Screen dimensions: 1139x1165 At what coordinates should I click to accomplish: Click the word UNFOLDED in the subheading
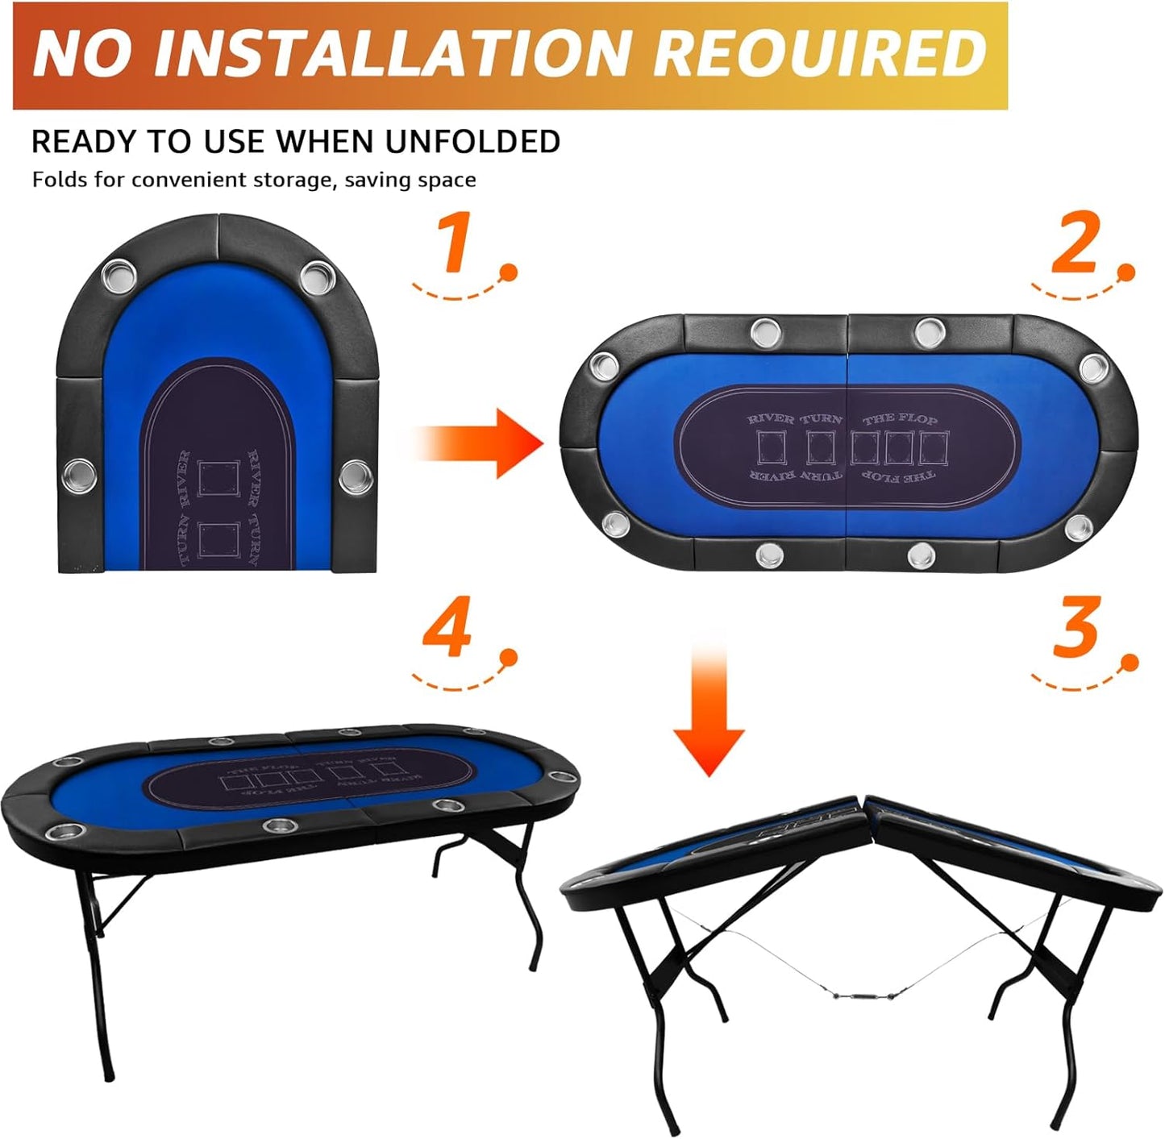[x=472, y=142]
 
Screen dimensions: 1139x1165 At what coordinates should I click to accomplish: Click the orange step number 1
[x=454, y=244]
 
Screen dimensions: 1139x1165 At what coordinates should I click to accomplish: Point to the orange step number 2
[x=1075, y=243]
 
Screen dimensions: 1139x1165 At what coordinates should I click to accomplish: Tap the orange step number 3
[x=1076, y=628]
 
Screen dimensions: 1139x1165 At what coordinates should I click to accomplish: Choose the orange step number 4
[x=447, y=630]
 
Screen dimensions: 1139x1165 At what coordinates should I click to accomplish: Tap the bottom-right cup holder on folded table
[x=354, y=476]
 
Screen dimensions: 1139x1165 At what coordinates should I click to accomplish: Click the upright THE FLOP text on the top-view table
[x=900, y=419]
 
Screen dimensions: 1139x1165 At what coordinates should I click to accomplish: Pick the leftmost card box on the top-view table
[x=772, y=447]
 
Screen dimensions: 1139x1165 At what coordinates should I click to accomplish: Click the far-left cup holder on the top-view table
[x=599, y=367]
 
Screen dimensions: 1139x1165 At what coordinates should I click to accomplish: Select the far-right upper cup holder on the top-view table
[x=1094, y=368]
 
